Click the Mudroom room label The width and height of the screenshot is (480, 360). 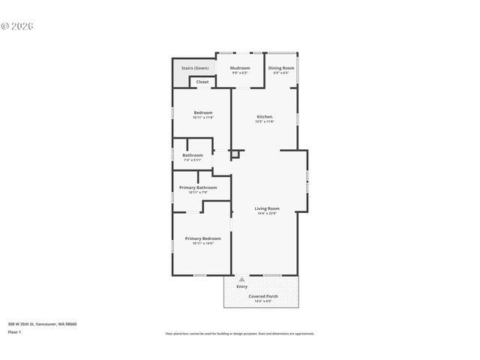click(x=240, y=68)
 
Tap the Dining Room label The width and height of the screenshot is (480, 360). click(x=281, y=68)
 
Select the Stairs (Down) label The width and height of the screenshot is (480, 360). click(x=195, y=68)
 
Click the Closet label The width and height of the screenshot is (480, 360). click(x=202, y=82)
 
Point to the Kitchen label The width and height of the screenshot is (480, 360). click(x=265, y=117)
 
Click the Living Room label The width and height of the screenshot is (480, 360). click(x=266, y=208)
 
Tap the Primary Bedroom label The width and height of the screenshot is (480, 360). click(x=202, y=238)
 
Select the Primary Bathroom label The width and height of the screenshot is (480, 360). click(x=198, y=187)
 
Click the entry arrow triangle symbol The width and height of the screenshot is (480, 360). click(x=241, y=279)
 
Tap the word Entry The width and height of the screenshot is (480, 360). click(x=241, y=286)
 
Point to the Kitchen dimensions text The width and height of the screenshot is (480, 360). click(x=265, y=122)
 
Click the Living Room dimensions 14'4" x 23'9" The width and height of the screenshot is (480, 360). click(x=266, y=214)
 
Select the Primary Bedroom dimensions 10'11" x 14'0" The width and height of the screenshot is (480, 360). click(x=202, y=244)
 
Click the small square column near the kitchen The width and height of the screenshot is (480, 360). click(x=235, y=154)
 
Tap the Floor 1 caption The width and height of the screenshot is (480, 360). click(x=15, y=331)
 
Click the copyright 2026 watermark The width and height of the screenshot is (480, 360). click(x=18, y=25)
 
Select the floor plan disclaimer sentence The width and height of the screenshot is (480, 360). click(x=239, y=334)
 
